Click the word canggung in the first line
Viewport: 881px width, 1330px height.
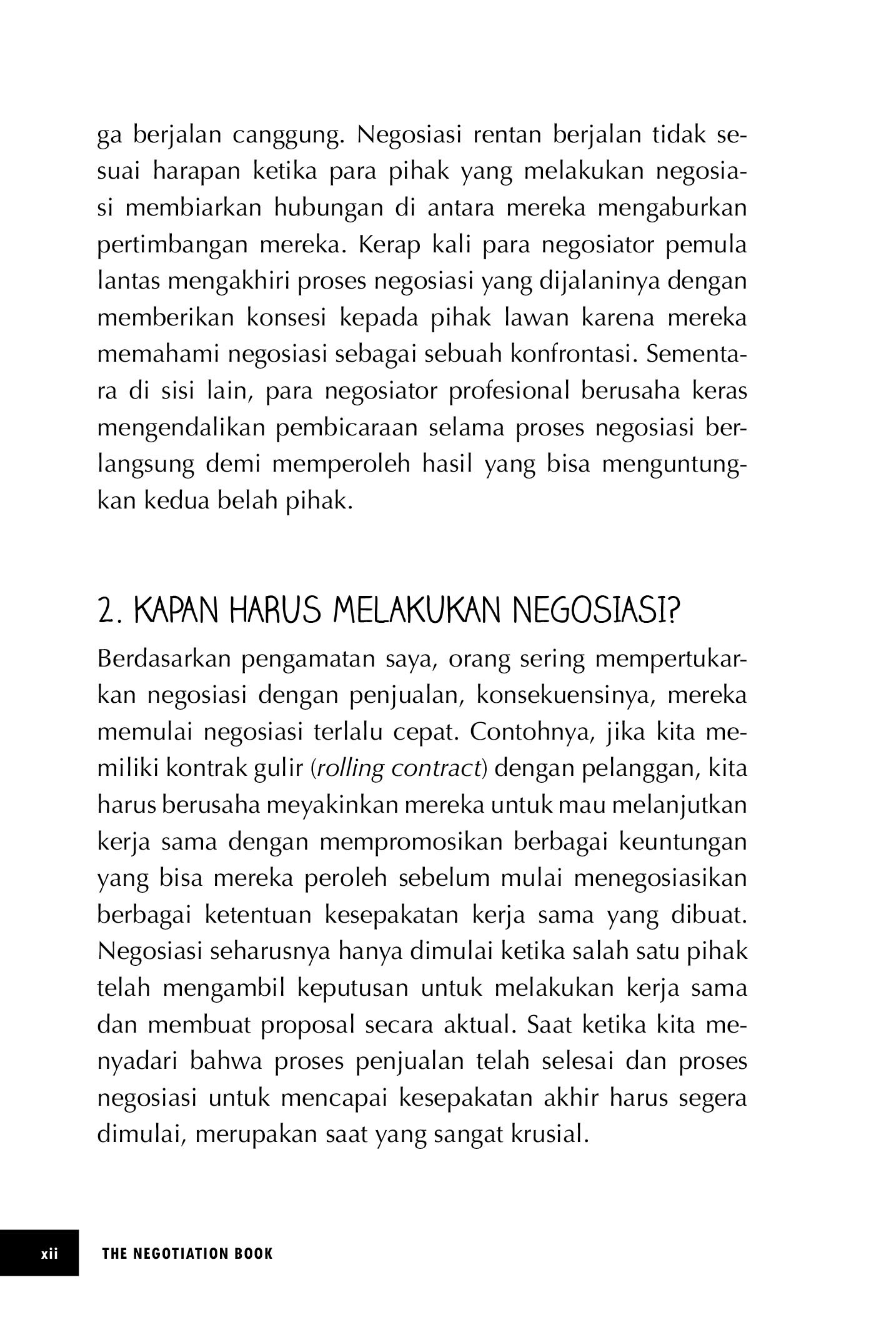pos(288,136)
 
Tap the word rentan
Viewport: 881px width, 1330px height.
pos(504,135)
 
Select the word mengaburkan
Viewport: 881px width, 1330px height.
pos(672,209)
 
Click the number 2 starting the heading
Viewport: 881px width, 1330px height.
pos(104,611)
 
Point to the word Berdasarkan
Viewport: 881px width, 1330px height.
pos(164,659)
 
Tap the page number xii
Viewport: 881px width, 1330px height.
pos(49,1253)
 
